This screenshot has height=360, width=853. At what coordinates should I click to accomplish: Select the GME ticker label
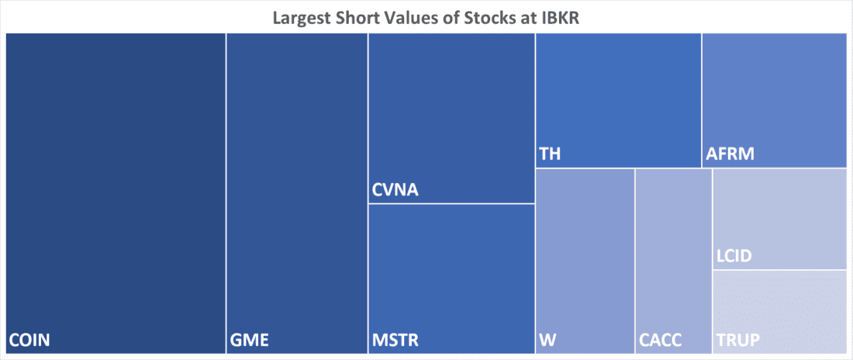click(248, 340)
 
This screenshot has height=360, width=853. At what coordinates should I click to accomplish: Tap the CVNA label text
click(395, 190)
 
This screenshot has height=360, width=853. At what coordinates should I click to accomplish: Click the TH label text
click(550, 154)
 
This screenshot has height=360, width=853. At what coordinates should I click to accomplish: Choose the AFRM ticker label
click(730, 154)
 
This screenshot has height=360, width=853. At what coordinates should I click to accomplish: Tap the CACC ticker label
click(661, 340)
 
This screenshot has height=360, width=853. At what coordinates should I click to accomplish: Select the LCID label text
click(734, 256)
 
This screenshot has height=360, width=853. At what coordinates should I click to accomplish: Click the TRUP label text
click(737, 340)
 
